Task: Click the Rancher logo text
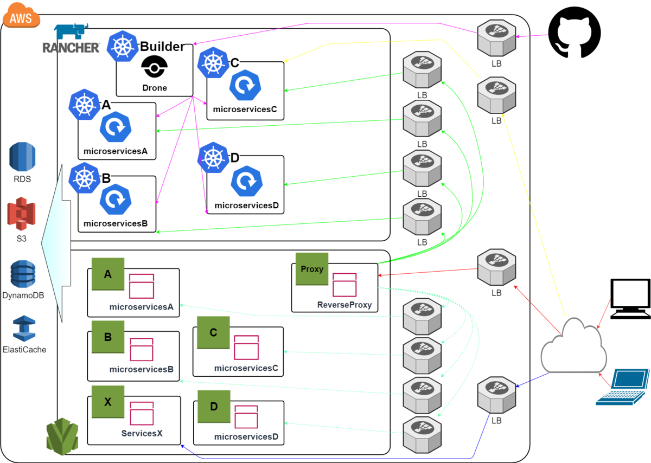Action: [x=71, y=48]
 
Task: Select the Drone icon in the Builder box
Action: [x=155, y=69]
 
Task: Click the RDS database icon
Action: [x=22, y=157]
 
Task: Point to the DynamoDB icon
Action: [x=22, y=274]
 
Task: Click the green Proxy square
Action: [x=312, y=269]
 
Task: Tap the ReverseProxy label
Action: [x=344, y=305]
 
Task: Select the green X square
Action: [x=108, y=402]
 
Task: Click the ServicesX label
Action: [x=142, y=433]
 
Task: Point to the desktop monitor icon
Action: [x=630, y=299]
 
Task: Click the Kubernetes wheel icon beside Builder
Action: [x=123, y=46]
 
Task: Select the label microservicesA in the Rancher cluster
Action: [x=116, y=151]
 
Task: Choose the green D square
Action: [x=214, y=406]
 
